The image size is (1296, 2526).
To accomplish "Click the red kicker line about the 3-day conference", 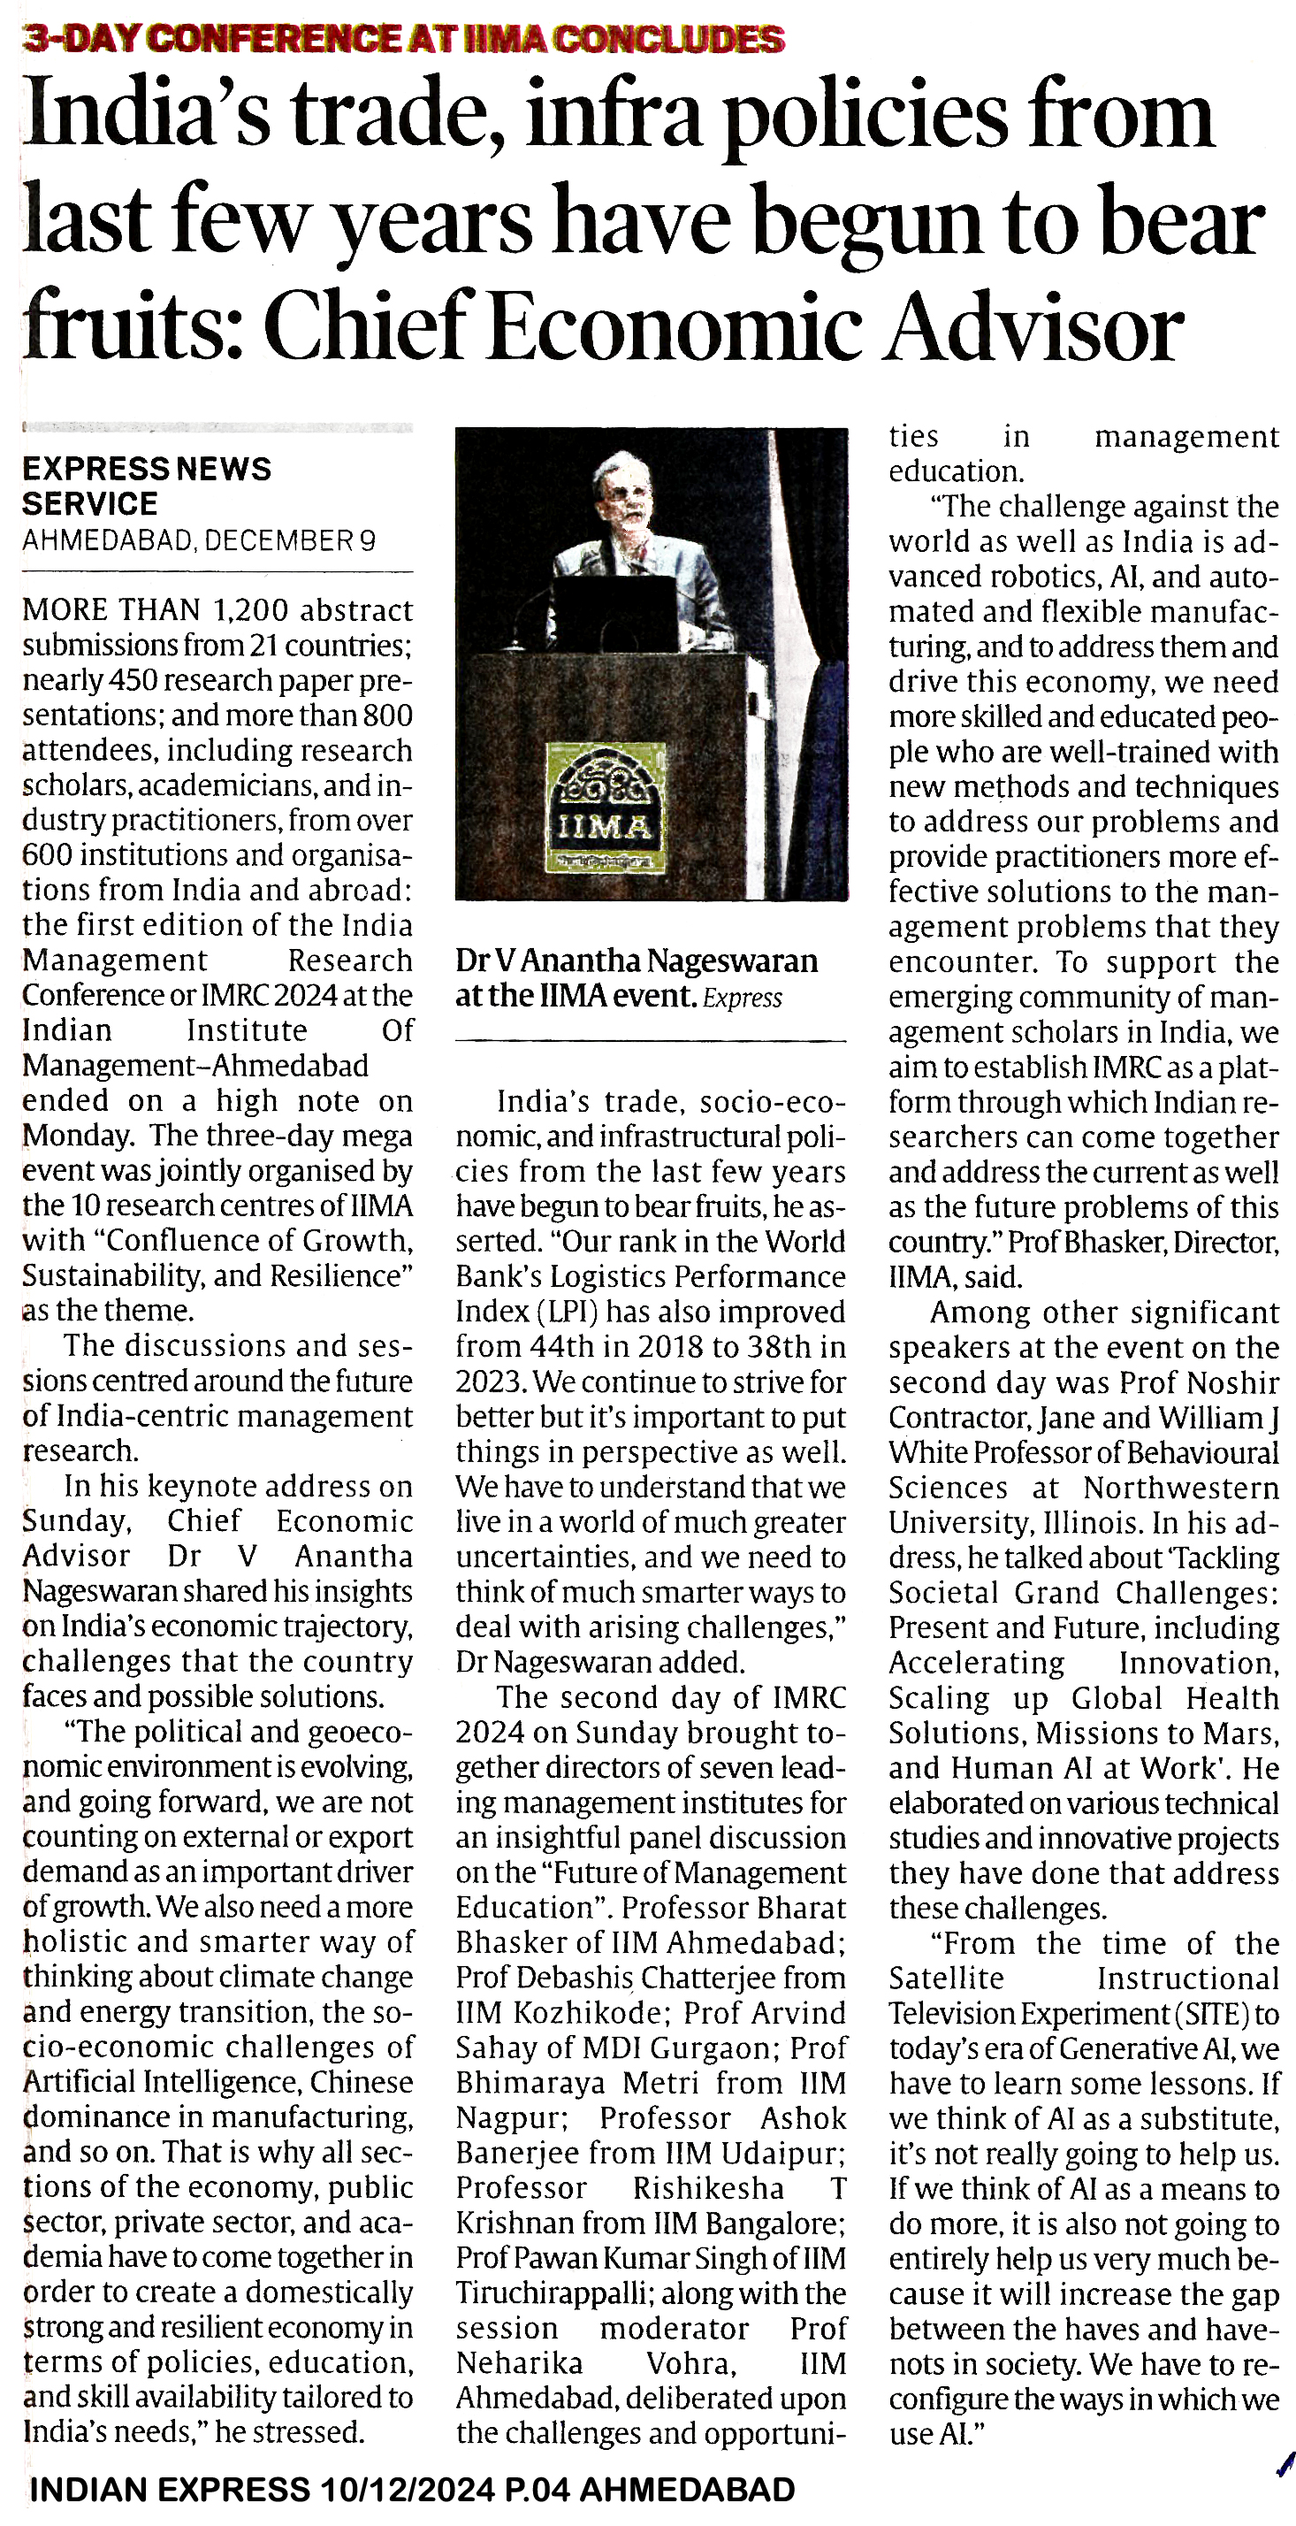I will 403,38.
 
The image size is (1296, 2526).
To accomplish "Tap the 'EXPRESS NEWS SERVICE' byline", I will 147,486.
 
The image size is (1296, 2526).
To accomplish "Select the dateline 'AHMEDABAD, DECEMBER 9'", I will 199,541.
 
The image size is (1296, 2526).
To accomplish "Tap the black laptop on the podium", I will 615,613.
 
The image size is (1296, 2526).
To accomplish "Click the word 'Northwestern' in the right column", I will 1180,1489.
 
